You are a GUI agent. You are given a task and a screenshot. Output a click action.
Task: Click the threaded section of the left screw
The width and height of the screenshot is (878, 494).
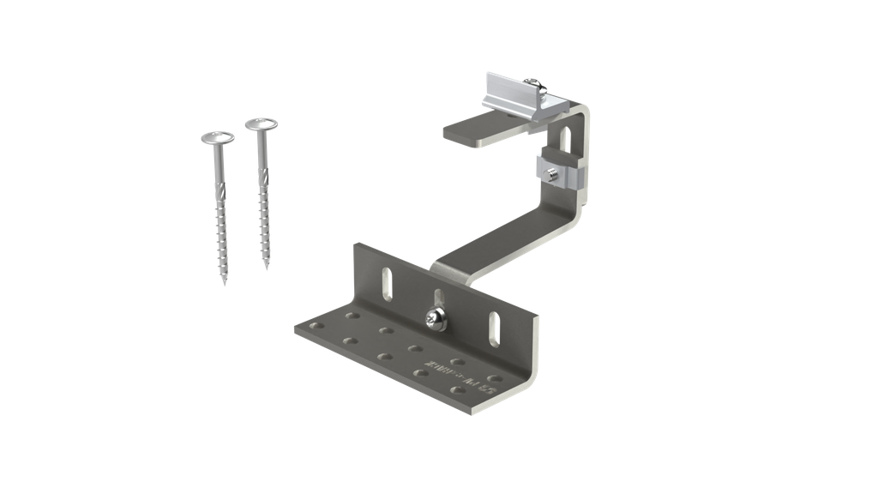coord(222,232)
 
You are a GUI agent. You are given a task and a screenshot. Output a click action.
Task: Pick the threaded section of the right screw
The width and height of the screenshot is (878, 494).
coord(265,219)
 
